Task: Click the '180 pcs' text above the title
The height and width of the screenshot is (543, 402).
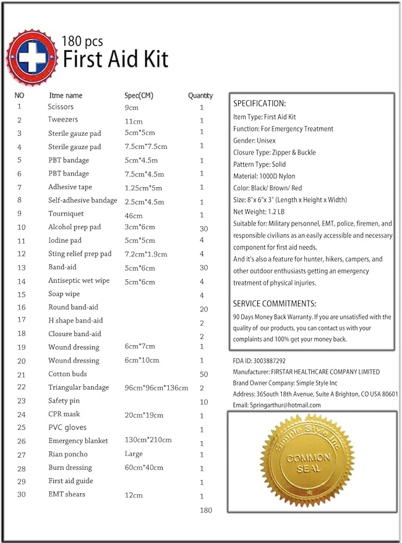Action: coord(82,41)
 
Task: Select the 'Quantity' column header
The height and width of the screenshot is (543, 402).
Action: coord(200,96)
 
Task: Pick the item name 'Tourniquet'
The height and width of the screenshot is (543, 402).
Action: coord(66,214)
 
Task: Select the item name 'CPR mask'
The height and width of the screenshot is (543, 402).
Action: coord(64,415)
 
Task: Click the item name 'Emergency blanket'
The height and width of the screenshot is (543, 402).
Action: coord(78,441)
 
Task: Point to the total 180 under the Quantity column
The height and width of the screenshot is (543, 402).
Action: coord(206,510)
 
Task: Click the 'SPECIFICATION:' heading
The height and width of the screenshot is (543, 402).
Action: coord(259,103)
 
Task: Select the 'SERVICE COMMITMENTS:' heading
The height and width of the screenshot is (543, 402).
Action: coord(275,304)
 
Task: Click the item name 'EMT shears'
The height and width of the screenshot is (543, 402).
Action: coord(67,494)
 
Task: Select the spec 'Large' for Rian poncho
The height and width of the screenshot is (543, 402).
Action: coord(134,454)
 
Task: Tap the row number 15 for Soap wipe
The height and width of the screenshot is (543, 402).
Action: coord(21,294)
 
